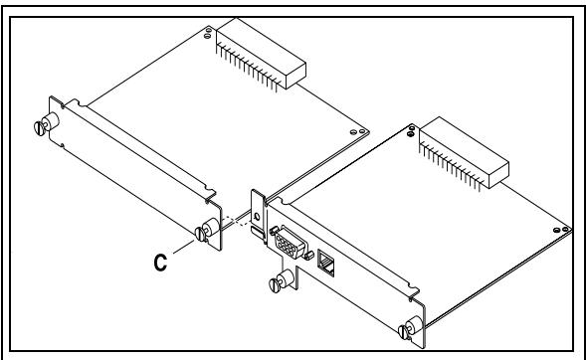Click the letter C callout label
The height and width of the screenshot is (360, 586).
pos(160,263)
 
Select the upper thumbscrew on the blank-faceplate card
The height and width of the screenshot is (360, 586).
pos(47,123)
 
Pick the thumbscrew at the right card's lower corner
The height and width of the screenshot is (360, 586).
pos(410,328)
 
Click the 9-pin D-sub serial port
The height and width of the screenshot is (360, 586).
pos(291,243)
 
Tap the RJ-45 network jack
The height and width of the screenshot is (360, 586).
pos(325,263)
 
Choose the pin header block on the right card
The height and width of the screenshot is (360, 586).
pos(464,154)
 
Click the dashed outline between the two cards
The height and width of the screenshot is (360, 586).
pos(236,221)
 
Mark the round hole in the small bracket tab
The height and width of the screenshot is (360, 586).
pos(257,216)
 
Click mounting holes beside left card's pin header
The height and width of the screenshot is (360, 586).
pos(208,33)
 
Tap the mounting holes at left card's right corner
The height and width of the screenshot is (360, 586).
pos(357,131)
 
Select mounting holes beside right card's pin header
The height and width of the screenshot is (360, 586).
pos(411,131)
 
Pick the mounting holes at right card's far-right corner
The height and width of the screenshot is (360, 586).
pos(561,230)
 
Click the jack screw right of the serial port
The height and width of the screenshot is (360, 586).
pos(307,256)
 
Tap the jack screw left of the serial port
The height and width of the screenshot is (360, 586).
pos(274,229)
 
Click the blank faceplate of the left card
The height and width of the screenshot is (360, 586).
pos(135,174)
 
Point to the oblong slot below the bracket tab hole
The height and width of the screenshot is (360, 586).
pos(257,231)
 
